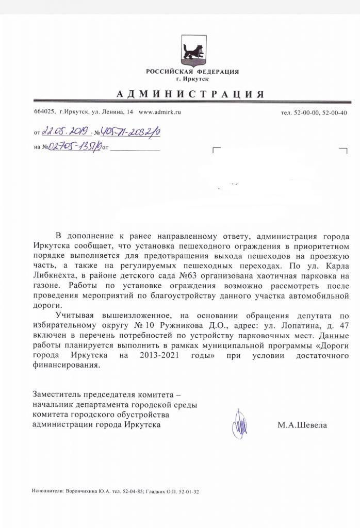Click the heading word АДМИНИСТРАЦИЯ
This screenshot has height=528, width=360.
[x=190, y=94]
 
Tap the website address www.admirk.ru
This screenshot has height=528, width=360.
[x=160, y=112]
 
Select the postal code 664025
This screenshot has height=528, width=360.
[x=44, y=112]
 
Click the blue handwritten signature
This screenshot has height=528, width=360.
[x=239, y=424]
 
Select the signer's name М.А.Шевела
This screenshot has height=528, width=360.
[x=302, y=425]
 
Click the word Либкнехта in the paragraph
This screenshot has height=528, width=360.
[x=54, y=276]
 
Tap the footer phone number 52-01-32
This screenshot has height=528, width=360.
[x=187, y=491]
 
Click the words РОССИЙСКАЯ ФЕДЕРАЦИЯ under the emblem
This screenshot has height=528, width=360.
[x=192, y=72]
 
